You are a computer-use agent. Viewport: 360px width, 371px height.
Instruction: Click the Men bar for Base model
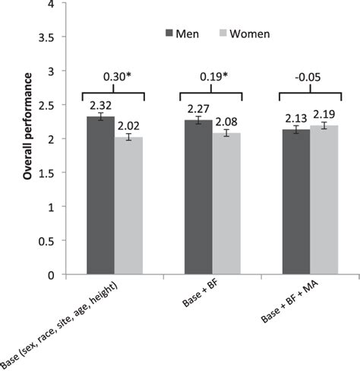100,196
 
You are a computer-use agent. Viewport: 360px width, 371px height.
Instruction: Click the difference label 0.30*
115,76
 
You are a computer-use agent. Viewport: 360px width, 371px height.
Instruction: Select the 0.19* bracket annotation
212,76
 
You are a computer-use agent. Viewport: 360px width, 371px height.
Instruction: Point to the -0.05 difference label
310,76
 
